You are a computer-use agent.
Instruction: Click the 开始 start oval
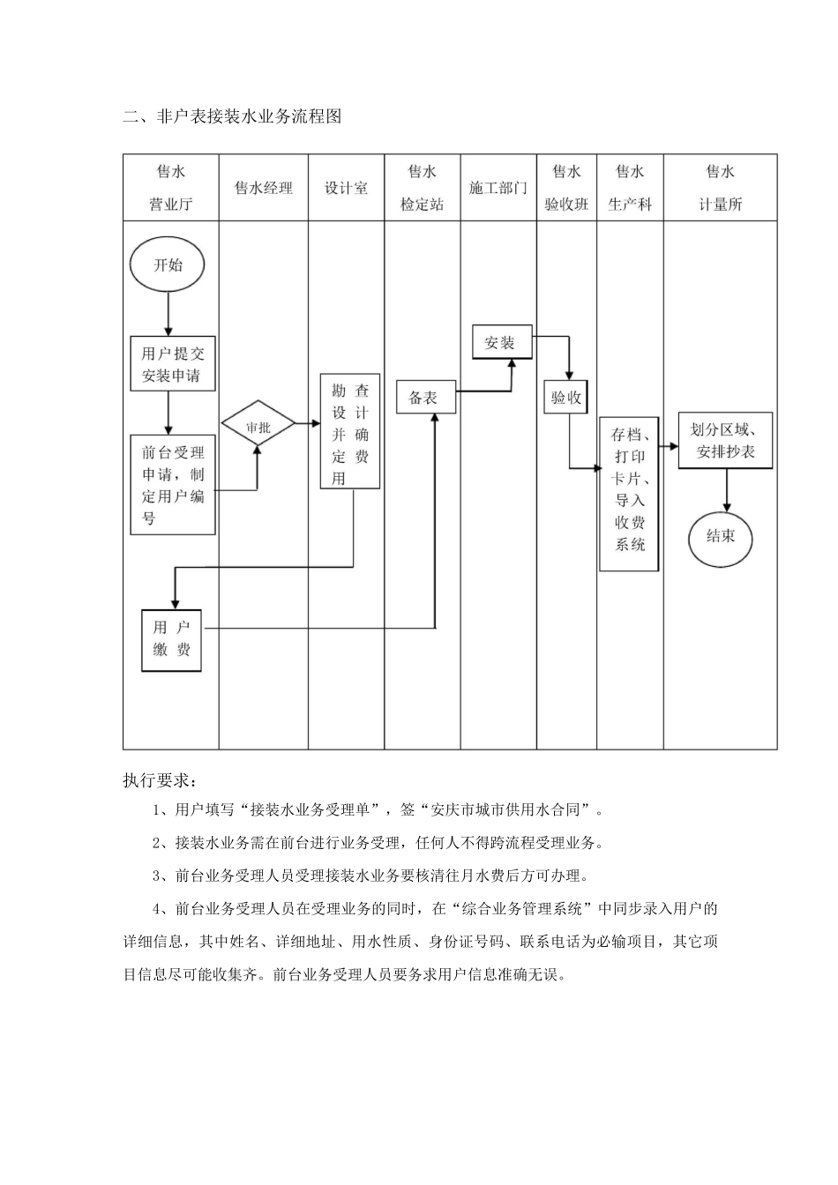[168, 265]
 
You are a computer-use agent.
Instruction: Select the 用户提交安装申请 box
[173, 363]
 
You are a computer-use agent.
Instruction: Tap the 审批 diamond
[258, 428]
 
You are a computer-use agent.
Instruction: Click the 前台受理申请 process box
[173, 484]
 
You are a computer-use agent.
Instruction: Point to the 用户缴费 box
[172, 640]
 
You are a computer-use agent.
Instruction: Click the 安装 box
[501, 343]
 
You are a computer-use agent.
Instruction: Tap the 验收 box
[566, 398]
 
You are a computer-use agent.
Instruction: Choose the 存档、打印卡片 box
[630, 494]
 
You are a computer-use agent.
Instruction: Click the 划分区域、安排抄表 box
[725, 440]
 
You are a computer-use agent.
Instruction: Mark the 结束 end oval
[720, 536]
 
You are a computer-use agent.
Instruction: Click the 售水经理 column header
[263, 188]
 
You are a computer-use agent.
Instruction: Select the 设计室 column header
[346, 188]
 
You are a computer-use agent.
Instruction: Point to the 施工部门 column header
[498, 188]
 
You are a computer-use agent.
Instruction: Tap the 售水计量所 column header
[720, 188]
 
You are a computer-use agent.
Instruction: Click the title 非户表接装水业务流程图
[232, 116]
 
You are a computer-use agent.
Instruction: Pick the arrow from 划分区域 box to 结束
[726, 490]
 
